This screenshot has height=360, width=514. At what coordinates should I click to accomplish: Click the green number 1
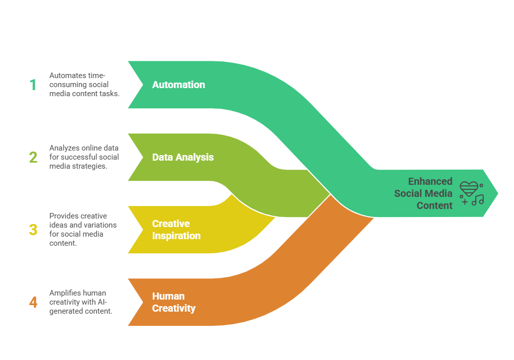33,85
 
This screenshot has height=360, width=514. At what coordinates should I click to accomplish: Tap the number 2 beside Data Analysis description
33,157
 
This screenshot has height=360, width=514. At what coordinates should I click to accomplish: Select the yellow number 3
33,230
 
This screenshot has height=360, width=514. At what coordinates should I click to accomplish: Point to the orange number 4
33,302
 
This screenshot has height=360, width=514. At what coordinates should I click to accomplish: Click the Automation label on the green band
178,85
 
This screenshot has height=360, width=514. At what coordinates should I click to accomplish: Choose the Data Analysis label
182,157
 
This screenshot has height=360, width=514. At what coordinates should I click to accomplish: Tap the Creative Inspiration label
176,230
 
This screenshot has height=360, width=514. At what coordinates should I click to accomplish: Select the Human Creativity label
173,302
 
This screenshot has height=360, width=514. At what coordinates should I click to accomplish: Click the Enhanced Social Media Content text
423,193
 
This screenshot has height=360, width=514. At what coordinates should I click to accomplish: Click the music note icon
477,200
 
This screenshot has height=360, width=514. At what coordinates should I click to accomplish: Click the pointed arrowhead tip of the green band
496,193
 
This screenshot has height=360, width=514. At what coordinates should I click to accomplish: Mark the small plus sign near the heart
464,202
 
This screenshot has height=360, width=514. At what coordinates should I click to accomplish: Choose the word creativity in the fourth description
66,302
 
